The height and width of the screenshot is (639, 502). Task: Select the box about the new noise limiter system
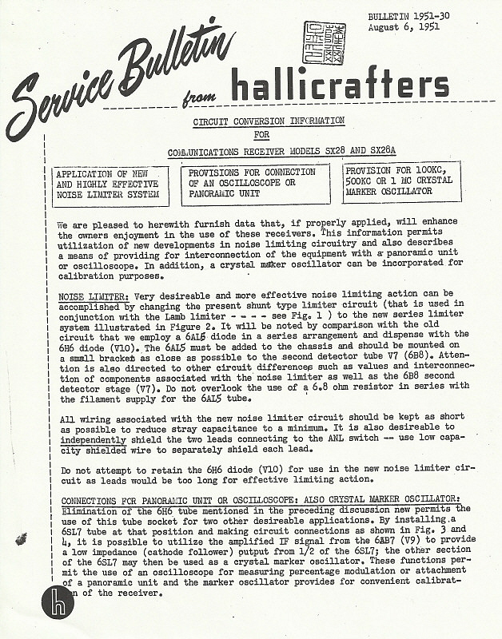(x=110, y=183)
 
